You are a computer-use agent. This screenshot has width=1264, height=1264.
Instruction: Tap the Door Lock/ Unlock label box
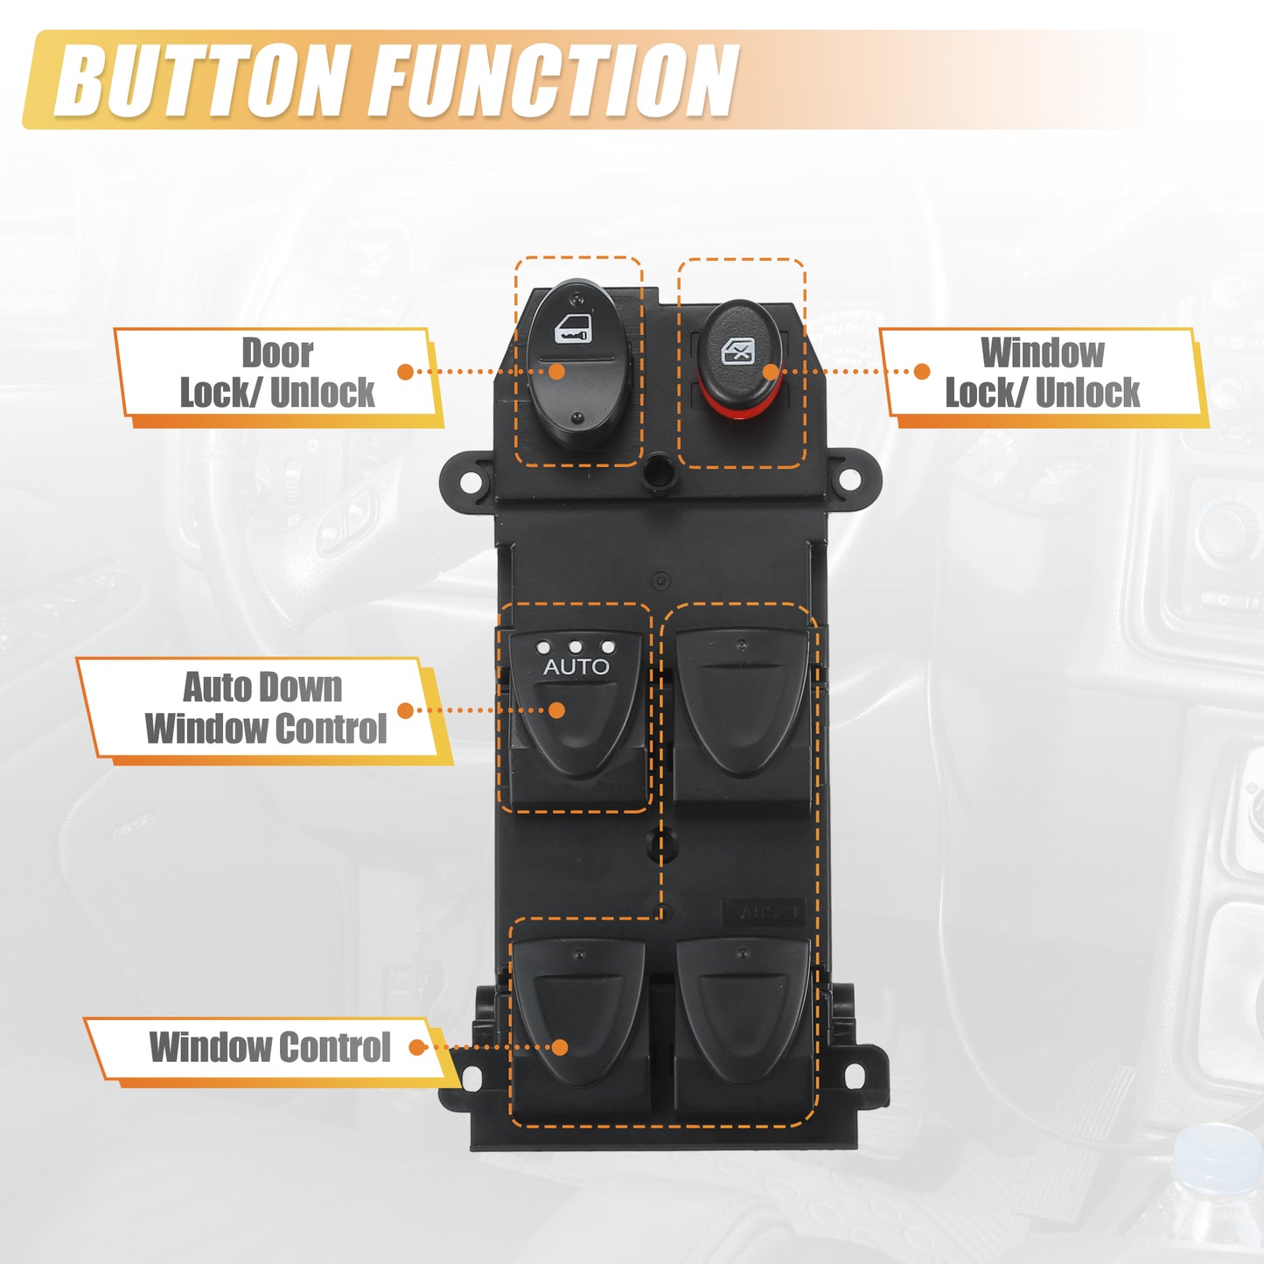276,374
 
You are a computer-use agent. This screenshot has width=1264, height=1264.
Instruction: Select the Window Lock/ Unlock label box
1042,374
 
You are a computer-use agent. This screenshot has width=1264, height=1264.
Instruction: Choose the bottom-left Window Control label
269,1048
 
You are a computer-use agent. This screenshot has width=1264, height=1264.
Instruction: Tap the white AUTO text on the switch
576,667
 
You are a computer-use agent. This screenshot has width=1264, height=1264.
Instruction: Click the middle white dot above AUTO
576,647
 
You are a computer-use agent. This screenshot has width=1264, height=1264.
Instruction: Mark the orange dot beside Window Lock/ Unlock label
921,372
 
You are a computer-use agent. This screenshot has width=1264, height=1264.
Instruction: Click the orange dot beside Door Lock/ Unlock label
405,372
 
